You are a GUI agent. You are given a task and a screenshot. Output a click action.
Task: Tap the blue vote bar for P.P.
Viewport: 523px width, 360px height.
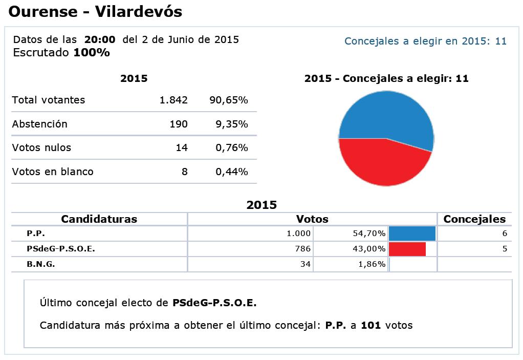pyautogui.click(x=412, y=234)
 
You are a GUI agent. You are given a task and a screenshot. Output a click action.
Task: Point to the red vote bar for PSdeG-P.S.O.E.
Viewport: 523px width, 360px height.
pyautogui.click(x=407, y=249)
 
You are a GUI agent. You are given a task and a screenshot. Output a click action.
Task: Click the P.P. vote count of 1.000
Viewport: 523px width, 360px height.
pyautogui.click(x=298, y=234)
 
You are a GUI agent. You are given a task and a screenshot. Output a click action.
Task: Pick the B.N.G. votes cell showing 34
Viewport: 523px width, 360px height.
pyautogui.click(x=305, y=264)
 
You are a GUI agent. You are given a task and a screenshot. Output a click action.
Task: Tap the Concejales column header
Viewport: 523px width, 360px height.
pyautogui.click(x=474, y=219)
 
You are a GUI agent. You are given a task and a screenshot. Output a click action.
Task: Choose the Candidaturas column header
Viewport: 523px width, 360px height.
pyautogui.click(x=99, y=219)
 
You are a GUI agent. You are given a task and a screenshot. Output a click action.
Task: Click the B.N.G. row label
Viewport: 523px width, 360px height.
pyautogui.click(x=41, y=264)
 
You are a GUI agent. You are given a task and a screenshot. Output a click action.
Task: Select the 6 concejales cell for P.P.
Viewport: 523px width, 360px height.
pyautogui.click(x=504, y=234)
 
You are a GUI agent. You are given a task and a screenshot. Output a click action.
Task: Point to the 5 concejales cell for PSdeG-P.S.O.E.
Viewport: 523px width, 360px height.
pyautogui.click(x=504, y=249)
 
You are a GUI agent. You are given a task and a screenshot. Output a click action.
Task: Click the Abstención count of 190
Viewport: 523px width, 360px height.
pyautogui.click(x=179, y=124)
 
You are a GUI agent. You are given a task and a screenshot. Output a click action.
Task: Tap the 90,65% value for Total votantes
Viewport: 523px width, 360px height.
pyautogui.click(x=229, y=100)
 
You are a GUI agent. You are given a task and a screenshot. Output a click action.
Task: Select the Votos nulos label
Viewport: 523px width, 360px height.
pyautogui.click(x=41, y=147)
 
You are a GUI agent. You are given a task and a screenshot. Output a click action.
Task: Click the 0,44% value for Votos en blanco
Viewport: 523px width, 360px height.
pyautogui.click(x=232, y=172)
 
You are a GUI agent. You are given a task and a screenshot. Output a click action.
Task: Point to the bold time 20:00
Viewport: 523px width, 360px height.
pyautogui.click(x=100, y=39)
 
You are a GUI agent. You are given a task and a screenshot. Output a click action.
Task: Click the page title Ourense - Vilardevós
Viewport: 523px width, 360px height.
pyautogui.click(x=96, y=11)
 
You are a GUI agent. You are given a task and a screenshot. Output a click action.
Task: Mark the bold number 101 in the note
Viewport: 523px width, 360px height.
pyautogui.click(x=371, y=325)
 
